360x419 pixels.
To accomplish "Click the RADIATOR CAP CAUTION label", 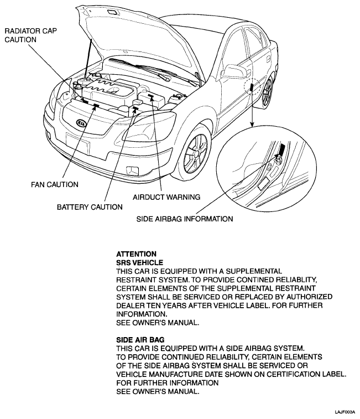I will tap(24, 35).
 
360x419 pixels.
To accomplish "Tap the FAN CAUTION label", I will tap(54, 184).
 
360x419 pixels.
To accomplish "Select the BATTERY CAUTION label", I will tap(90, 207).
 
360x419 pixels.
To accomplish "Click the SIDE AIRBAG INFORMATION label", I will tap(184, 219).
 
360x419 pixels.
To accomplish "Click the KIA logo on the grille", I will tap(82, 122).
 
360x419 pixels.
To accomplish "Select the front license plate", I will tap(77, 141).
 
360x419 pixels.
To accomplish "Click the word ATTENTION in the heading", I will tap(133, 255).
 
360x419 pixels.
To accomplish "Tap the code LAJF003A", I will tap(344, 412).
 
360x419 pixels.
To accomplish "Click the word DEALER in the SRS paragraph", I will tap(130, 306).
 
